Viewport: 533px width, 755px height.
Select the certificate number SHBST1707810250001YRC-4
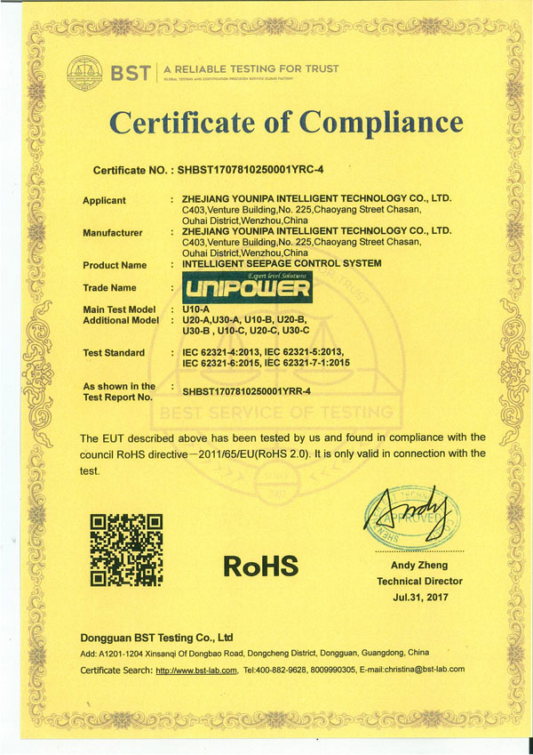253,169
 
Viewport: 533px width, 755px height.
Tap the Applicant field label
104,200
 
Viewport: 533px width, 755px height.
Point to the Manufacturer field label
112,233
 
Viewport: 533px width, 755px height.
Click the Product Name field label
114,265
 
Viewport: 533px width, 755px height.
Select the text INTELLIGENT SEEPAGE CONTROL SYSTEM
281,264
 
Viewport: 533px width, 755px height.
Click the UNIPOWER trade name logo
246,287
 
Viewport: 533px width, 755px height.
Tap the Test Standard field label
113,353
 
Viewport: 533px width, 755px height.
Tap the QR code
127,550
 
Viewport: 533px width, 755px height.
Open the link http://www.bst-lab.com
196,670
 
